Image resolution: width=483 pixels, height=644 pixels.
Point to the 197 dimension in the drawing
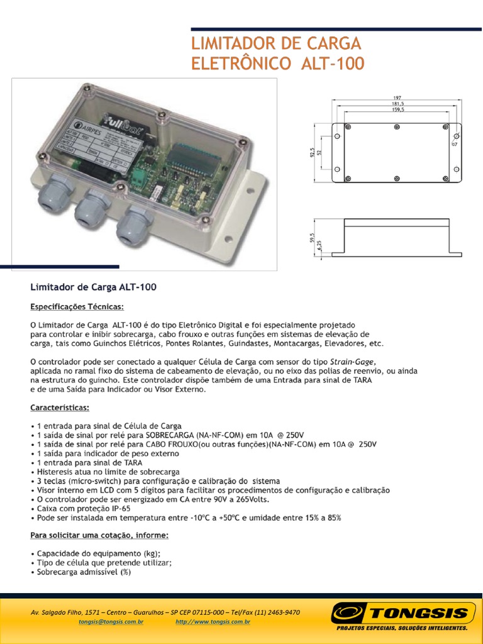(x=397, y=98)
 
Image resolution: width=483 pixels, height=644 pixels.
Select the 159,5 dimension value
(x=397, y=110)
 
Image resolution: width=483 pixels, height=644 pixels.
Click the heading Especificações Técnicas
(x=77, y=307)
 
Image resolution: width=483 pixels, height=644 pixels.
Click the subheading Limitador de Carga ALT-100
(x=93, y=287)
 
